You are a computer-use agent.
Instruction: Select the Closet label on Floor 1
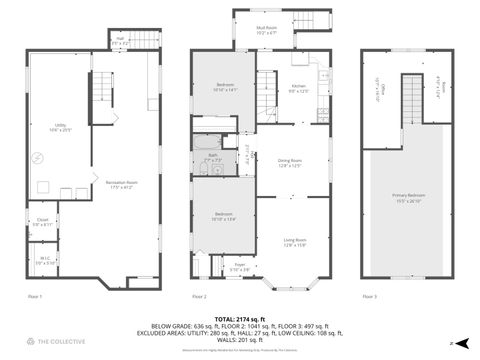tap(42, 224)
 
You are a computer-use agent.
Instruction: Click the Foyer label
tap(240, 267)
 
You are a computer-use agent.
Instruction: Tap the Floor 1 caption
tap(35, 297)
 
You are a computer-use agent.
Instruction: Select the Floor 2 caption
tap(199, 297)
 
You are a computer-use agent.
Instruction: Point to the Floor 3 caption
tap(369, 297)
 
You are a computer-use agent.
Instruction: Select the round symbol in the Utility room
tap(40, 157)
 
